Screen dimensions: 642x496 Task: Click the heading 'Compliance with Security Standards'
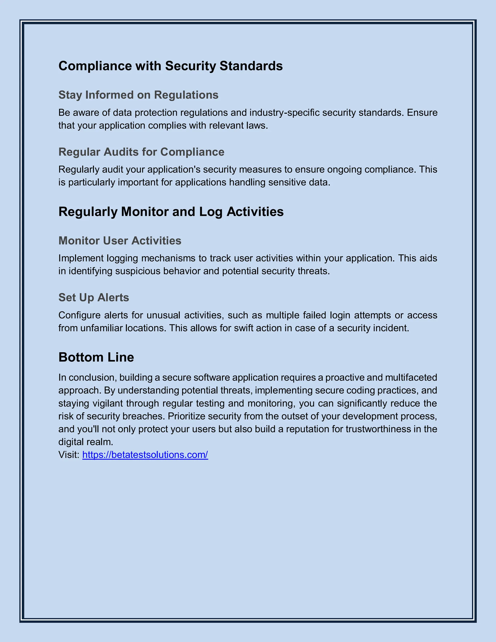[170, 66]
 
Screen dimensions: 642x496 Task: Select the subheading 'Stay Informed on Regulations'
[138, 95]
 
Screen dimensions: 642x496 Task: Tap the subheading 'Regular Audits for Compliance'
[141, 152]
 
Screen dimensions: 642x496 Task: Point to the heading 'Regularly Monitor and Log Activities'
[171, 212]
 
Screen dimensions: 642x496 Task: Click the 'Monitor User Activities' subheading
[120, 241]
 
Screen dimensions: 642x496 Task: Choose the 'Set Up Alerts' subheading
[94, 298]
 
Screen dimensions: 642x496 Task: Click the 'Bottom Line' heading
[96, 357]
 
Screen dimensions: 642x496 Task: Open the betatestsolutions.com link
[145, 455]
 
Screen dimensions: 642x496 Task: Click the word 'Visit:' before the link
[69, 455]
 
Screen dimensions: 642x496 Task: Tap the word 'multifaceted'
[411, 377]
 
